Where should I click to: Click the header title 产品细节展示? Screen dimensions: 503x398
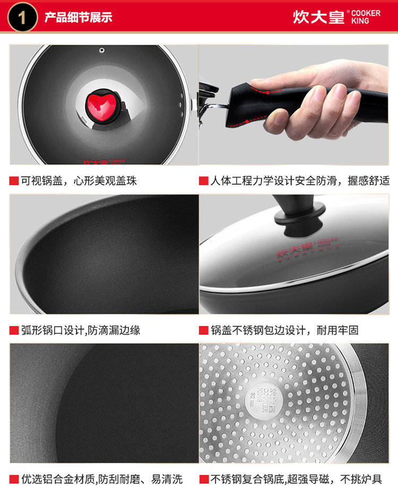pyautogui.click(x=78, y=18)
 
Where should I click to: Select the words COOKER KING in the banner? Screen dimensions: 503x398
pyautogui.click(x=366, y=17)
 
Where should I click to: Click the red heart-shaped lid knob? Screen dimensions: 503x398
pyautogui.click(x=101, y=104)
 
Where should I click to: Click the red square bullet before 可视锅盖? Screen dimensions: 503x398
pyautogui.click(x=14, y=181)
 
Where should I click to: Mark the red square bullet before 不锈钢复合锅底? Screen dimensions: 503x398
pyautogui.click(x=204, y=480)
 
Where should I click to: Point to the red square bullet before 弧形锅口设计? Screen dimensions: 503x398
pyautogui.click(x=14, y=330)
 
